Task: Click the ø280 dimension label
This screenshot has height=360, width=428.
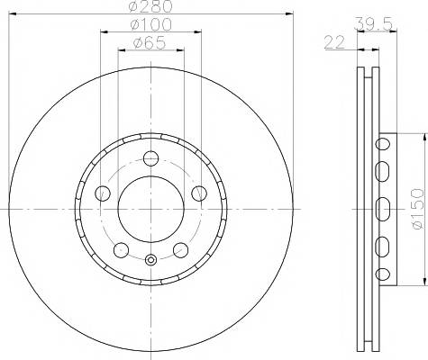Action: pyautogui.click(x=150, y=6)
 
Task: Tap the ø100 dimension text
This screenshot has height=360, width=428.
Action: pyautogui.click(x=151, y=24)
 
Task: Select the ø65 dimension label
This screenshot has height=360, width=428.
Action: pyautogui.click(x=150, y=42)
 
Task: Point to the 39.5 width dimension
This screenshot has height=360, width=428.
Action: pyautogui.click(x=374, y=24)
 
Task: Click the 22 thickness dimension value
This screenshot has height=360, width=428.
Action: pyautogui.click(x=334, y=42)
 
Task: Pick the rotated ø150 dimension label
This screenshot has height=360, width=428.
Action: pyautogui.click(x=418, y=209)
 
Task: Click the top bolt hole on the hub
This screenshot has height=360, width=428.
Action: pyautogui.click(x=150, y=158)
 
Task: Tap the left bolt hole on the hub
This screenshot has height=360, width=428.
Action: pyautogui.click(x=103, y=193)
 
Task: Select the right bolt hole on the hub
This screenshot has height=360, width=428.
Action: pyautogui.click(x=199, y=193)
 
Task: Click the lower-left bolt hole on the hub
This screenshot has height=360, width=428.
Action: pyautogui.click(x=122, y=250)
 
